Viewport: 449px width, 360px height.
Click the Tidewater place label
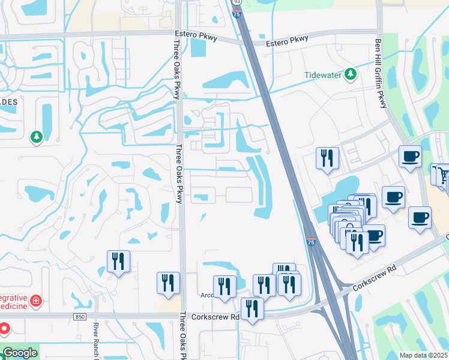pos(322,74)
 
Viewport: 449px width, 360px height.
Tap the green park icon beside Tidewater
pos(350,74)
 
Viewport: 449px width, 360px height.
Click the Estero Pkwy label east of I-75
pos(287,40)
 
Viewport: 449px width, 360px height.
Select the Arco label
pos(207,295)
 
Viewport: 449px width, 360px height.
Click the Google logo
pos(20,353)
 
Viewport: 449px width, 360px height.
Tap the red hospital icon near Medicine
pos(36,299)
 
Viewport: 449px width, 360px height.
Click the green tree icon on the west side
pos(37,137)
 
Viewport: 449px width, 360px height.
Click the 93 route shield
pos(237,2)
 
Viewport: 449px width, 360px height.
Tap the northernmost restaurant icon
pos(328,158)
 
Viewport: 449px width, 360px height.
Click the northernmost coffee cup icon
pos(411,157)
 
